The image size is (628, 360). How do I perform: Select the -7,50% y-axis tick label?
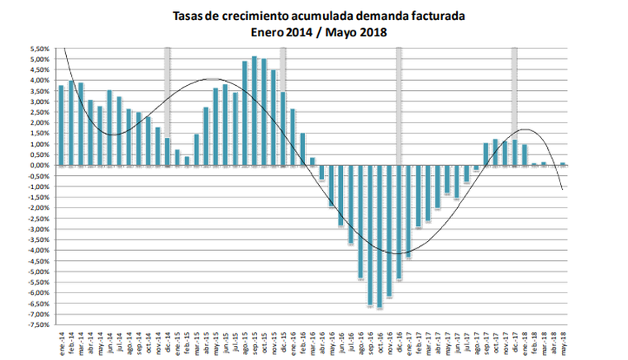(x=38, y=324)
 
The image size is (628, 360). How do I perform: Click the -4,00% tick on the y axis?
(x=38, y=250)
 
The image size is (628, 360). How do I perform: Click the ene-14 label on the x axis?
(x=61, y=341)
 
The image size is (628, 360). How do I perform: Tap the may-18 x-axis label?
(x=563, y=341)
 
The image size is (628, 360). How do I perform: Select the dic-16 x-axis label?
(x=399, y=341)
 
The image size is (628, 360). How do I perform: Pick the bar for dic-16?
(x=399, y=222)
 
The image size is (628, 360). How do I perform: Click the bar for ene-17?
(x=409, y=211)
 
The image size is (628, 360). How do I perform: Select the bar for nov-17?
(x=505, y=153)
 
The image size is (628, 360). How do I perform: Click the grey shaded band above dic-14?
(x=168, y=91)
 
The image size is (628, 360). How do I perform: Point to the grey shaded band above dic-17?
(x=515, y=91)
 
